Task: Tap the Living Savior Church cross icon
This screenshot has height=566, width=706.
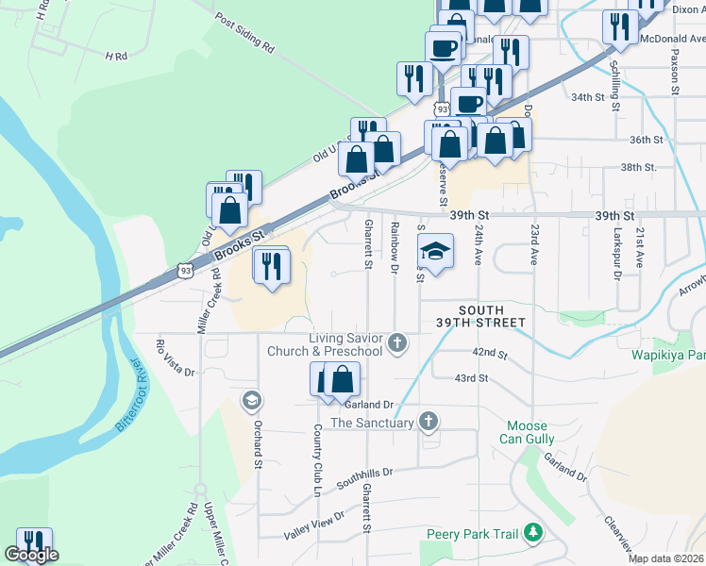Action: pyautogui.click(x=397, y=341)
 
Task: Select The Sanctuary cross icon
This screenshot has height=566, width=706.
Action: pyautogui.click(x=429, y=421)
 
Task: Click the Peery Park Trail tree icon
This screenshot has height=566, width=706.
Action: pyautogui.click(x=532, y=534)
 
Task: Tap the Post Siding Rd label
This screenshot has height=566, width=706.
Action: pyautogui.click(x=244, y=32)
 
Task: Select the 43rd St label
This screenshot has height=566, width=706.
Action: pyautogui.click(x=470, y=378)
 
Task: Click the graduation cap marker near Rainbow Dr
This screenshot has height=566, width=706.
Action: pyautogui.click(x=435, y=251)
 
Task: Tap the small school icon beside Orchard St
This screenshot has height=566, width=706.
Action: pyautogui.click(x=250, y=402)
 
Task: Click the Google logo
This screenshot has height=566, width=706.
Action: pyautogui.click(x=31, y=556)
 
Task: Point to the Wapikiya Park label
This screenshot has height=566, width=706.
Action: pyautogui.click(x=669, y=356)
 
